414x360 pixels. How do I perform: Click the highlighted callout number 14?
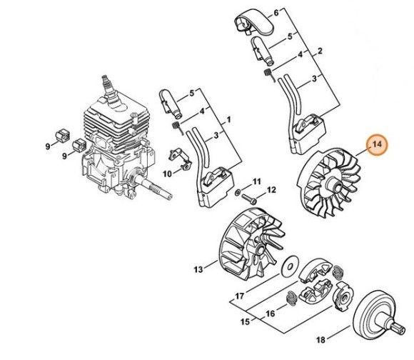tap(377, 144)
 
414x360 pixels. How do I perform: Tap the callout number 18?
tap(320, 340)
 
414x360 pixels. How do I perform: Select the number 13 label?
tap(198, 269)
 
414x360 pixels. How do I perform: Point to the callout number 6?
tap(276, 12)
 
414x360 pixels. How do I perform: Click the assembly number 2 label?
tap(320, 51)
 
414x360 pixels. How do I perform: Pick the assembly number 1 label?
tap(228, 120)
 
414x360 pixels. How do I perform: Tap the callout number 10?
tap(167, 174)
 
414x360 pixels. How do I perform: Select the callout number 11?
tap(257, 181)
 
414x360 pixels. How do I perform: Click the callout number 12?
tap(271, 190)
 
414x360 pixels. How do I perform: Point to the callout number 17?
tap(240, 296)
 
